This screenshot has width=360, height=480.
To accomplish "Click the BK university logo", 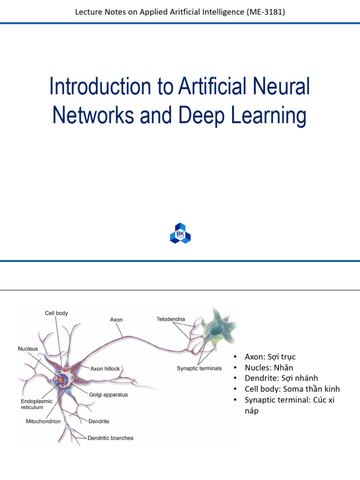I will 180,232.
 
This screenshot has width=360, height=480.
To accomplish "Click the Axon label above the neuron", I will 116,320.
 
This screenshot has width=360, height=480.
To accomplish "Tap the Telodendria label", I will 171,319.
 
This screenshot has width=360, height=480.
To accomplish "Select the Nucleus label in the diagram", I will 28,349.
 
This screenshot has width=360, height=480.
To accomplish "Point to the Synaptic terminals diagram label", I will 199,368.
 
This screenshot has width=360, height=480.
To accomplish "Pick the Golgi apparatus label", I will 108,395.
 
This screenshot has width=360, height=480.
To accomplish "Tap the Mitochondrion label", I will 43,421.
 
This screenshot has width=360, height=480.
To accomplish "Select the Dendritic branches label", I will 111,438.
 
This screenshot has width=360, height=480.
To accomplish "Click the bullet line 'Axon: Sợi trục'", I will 270,357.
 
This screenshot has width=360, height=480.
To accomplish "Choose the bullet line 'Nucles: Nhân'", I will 269,367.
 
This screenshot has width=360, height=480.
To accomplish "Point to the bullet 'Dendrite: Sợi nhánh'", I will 281,378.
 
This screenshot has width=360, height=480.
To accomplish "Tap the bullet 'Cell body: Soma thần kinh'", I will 292,389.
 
